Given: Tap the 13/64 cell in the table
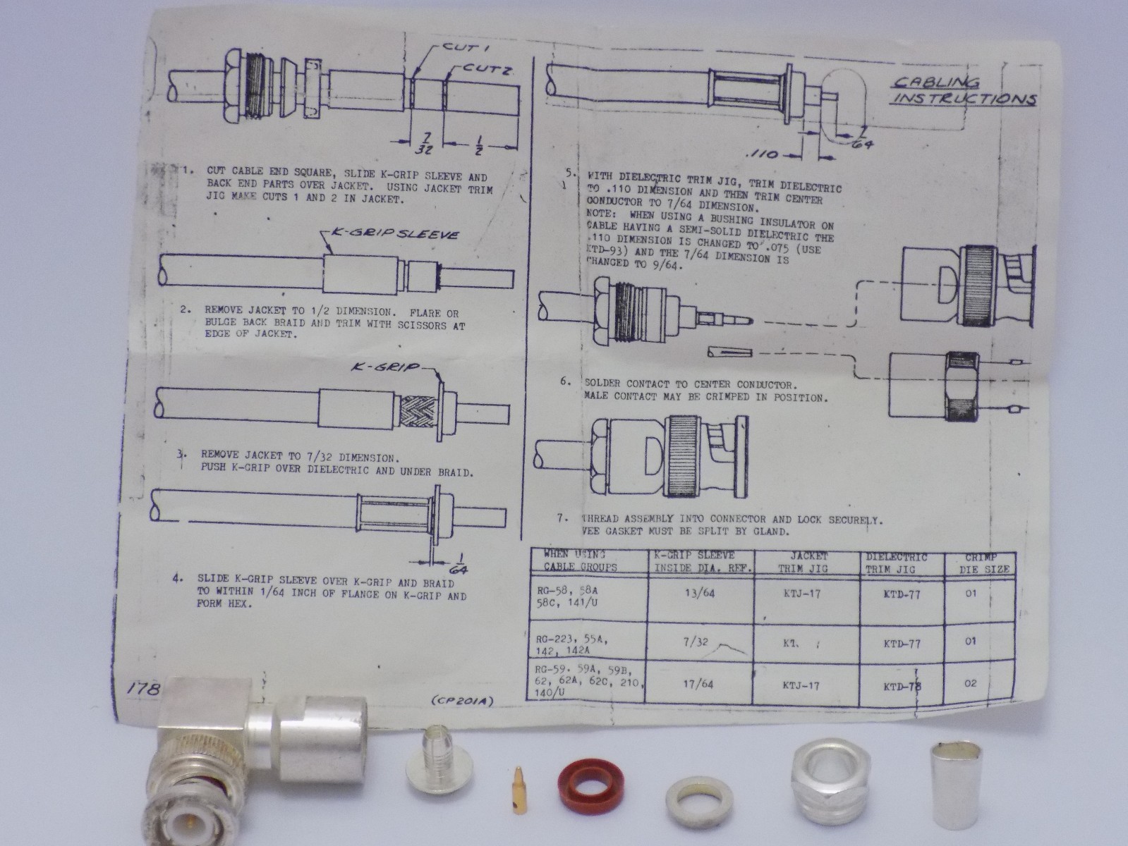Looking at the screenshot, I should [x=699, y=593].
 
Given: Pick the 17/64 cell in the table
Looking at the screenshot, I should [x=699, y=683].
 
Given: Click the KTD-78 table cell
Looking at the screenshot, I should [x=902, y=685].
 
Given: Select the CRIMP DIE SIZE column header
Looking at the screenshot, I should [x=986, y=563].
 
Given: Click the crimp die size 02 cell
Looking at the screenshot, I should [x=971, y=683].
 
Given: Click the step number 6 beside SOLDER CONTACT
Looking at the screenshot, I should [x=565, y=381].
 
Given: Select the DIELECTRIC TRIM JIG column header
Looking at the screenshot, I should [x=897, y=563].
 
